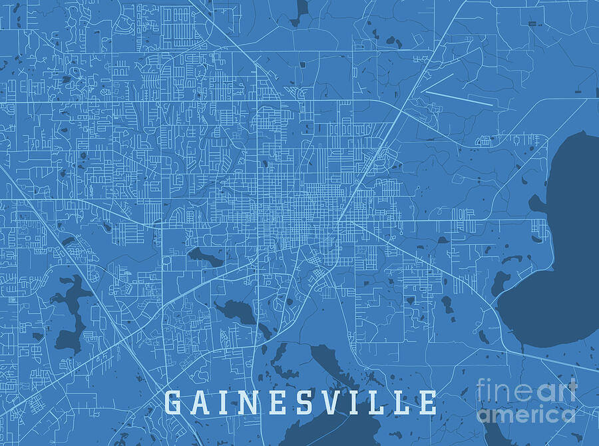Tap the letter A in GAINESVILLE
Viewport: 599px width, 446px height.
[x=201, y=402]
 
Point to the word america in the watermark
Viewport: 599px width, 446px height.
[x=526, y=415]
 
